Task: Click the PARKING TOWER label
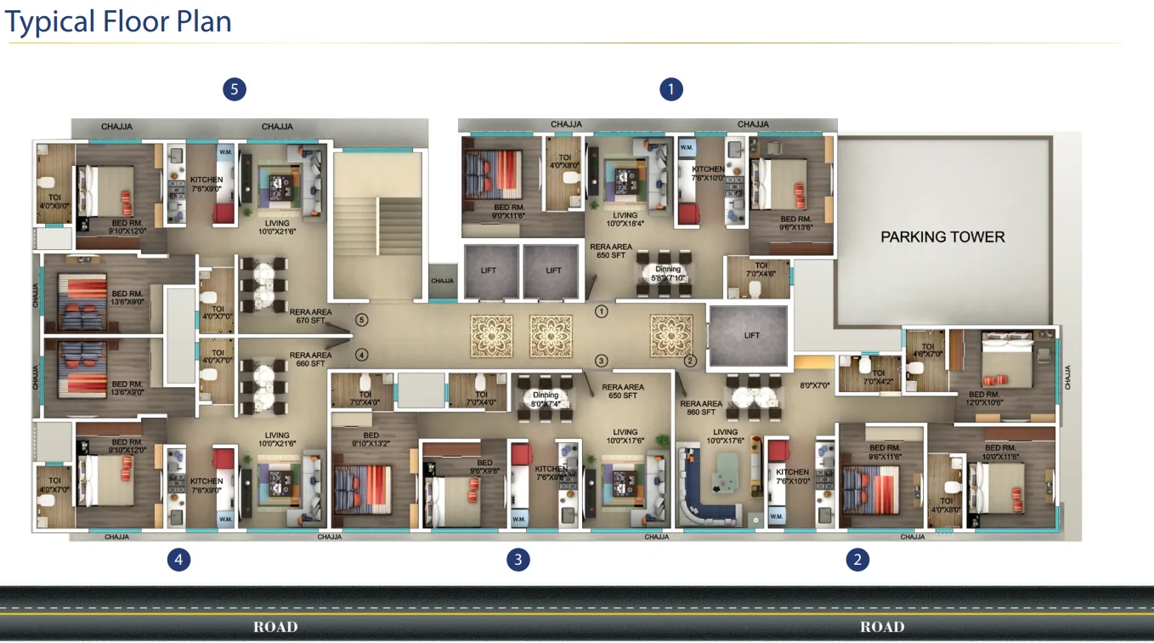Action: [942, 236]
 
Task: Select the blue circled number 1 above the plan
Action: [671, 88]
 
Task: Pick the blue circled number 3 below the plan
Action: [518, 559]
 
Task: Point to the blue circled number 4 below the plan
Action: [178, 559]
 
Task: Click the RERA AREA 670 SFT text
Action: [310, 316]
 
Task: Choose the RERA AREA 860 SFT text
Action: [701, 408]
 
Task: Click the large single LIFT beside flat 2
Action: [751, 335]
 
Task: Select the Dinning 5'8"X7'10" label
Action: [668, 273]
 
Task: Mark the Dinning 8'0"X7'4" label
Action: [546, 399]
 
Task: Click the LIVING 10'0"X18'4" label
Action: [625, 219]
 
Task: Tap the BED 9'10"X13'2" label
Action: [371, 439]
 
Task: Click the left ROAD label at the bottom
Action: [275, 627]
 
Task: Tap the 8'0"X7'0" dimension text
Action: [814, 385]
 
